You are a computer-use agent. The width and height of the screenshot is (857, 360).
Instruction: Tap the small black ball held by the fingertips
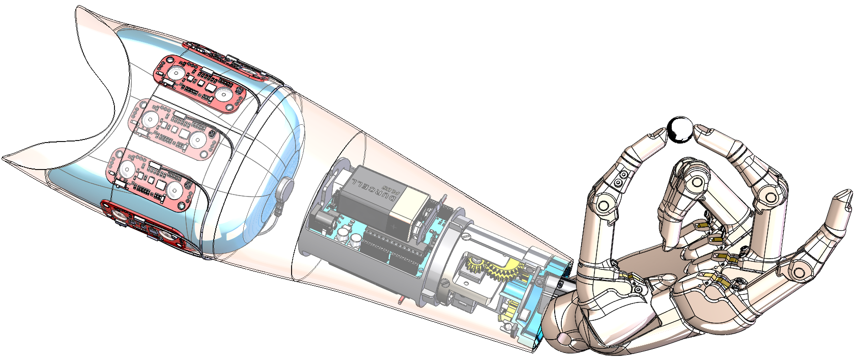(679, 129)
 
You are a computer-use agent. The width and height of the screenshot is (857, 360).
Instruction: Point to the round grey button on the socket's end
(284, 190)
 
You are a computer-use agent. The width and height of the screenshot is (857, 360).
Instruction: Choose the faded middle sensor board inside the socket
(173, 130)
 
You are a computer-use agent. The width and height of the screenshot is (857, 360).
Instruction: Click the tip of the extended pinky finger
(845, 196)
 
